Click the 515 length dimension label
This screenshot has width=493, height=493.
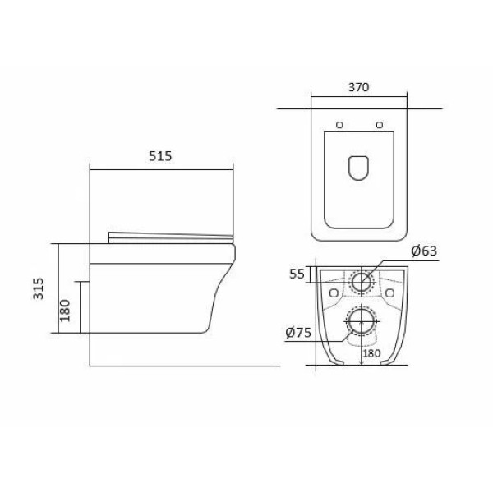(x=160, y=156)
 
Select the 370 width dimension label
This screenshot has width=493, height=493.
(x=358, y=87)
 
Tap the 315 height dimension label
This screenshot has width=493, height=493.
(x=39, y=288)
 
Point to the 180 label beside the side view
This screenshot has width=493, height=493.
(x=65, y=311)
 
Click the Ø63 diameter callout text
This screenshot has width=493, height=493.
(x=424, y=251)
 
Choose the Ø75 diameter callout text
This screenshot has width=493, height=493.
(x=298, y=332)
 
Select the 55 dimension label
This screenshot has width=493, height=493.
(x=297, y=274)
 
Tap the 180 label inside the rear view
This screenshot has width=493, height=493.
(x=371, y=353)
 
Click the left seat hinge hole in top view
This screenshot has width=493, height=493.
(x=339, y=125)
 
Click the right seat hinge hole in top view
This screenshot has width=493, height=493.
(x=380, y=125)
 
